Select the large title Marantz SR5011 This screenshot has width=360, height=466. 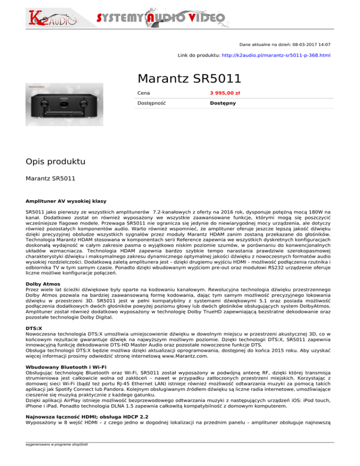189,78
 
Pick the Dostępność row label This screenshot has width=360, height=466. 152,103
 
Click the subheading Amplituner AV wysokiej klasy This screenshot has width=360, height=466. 66,201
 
